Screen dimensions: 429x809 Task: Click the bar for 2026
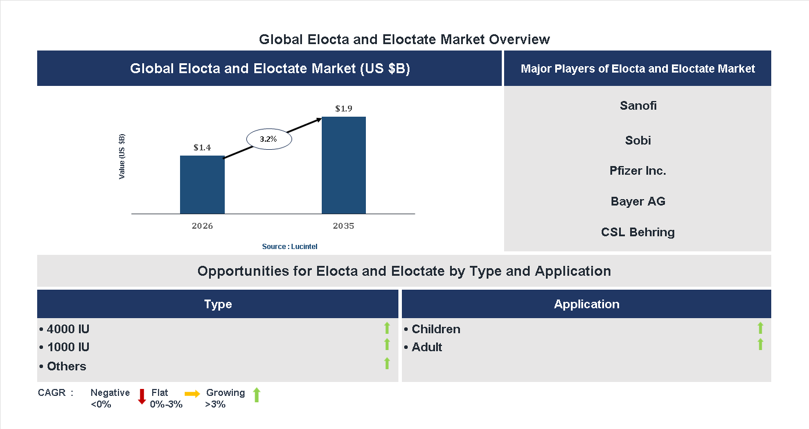click(x=202, y=185)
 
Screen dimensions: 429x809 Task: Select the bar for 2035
click(x=344, y=165)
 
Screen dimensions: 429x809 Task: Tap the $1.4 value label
click(x=202, y=147)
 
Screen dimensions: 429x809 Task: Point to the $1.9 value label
click(x=344, y=109)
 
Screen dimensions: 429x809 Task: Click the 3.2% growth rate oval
click(x=269, y=139)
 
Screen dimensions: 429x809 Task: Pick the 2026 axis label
click(x=202, y=226)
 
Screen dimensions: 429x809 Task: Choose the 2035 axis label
click(x=344, y=226)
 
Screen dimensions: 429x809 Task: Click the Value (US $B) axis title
click(x=122, y=157)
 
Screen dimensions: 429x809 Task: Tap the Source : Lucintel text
click(x=289, y=247)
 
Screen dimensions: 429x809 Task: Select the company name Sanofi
click(x=638, y=106)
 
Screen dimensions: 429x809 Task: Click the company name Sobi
click(x=638, y=140)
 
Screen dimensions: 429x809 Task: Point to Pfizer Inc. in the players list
click(x=638, y=171)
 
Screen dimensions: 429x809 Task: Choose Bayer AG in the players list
click(x=638, y=201)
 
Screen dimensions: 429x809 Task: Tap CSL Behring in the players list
click(x=638, y=232)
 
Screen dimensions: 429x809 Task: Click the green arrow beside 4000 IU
click(x=387, y=328)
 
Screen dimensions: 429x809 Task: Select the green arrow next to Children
click(x=760, y=328)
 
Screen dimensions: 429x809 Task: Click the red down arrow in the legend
click(x=142, y=396)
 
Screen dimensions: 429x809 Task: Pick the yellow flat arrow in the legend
click(x=192, y=394)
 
